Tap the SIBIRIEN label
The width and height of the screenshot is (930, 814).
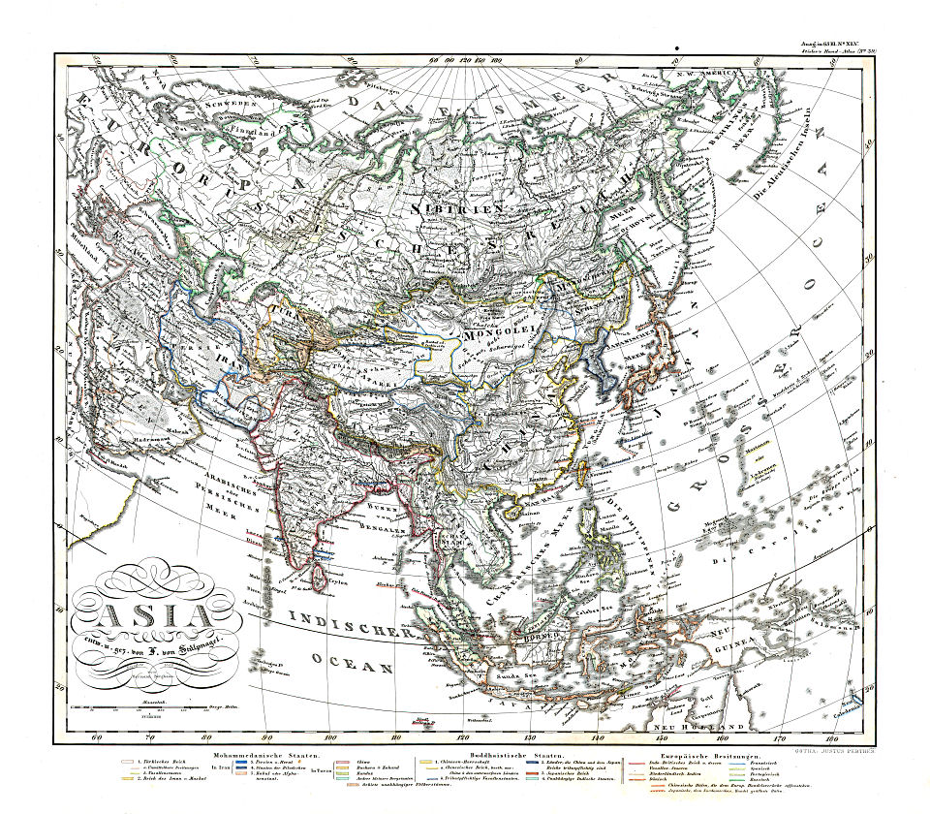pyautogui.click(x=446, y=208)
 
